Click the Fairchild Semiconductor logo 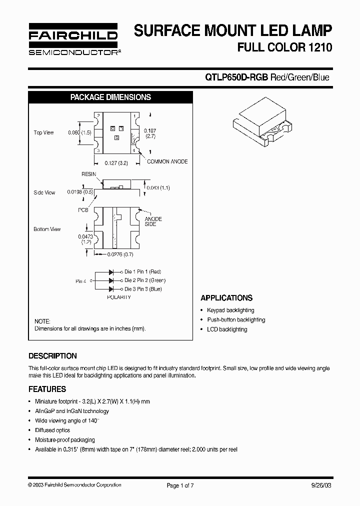73,39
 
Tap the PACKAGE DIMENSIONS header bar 110,97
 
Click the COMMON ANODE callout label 167,161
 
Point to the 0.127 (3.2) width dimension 116,162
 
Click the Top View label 43,132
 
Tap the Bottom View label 47,229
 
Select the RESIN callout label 88,174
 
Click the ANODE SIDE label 153,221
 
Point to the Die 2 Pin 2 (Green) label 145,280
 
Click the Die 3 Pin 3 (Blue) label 143,289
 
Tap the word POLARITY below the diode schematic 119,297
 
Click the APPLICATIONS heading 226,298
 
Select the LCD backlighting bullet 227,329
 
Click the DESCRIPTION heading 52,356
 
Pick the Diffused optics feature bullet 52,430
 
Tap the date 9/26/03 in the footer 320,485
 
